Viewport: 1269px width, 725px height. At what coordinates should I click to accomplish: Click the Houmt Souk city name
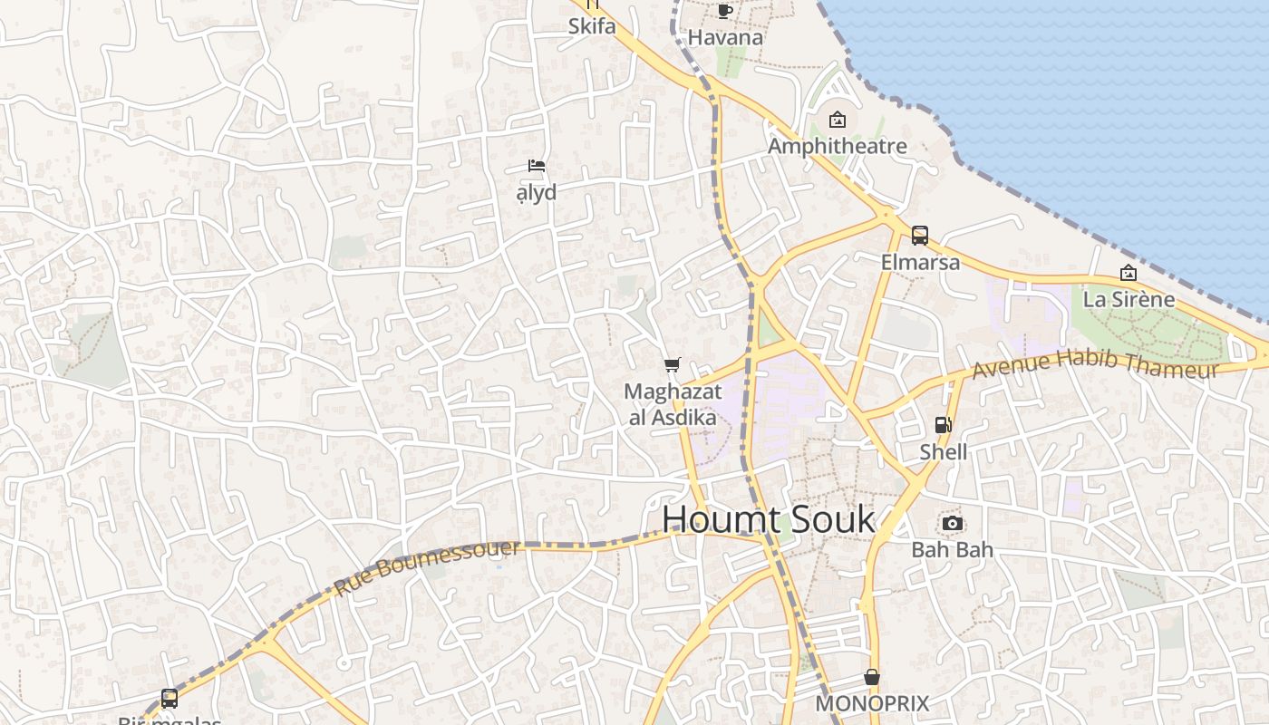[768, 520]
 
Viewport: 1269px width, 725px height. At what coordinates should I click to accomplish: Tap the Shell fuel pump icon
[944, 425]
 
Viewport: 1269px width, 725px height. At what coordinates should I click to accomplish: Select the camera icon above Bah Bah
[952, 524]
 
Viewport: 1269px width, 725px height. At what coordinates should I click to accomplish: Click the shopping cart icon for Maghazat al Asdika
[672, 365]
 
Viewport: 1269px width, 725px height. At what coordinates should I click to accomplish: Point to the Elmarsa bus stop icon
[920, 236]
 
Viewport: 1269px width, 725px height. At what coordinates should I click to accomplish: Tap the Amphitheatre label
[837, 146]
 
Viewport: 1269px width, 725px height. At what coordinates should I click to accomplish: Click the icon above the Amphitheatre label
[837, 120]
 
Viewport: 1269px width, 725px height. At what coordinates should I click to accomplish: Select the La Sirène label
[1129, 299]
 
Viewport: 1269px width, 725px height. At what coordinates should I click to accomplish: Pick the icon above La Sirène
[1129, 273]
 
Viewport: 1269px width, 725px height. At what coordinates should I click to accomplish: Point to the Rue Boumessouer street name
[427, 567]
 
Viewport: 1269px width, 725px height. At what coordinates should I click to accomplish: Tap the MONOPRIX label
[872, 704]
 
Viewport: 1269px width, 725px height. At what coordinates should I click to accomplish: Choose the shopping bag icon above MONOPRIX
[872, 678]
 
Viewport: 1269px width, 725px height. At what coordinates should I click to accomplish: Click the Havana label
[725, 38]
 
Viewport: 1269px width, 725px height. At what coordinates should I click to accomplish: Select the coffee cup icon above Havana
[724, 12]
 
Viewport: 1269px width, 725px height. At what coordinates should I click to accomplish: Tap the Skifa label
[592, 26]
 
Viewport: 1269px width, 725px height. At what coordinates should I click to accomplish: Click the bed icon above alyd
[537, 166]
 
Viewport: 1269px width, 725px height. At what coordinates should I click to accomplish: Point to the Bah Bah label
[952, 549]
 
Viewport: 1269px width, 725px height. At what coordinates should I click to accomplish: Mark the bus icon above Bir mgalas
[170, 699]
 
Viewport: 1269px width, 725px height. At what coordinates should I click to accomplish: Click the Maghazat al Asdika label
[673, 404]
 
